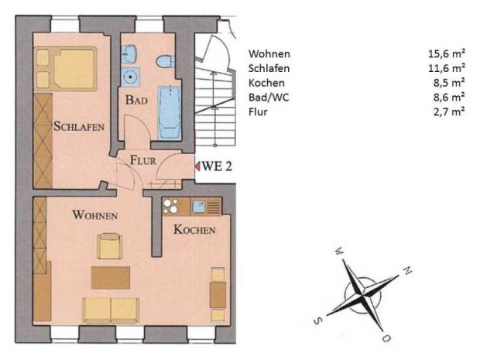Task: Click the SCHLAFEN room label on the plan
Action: pyautogui.click(x=79, y=126)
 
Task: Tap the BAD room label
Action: pyautogui.click(x=136, y=100)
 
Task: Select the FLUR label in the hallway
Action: pyautogui.click(x=143, y=160)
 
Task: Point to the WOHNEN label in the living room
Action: pyautogui.click(x=95, y=215)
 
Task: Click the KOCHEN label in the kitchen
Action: pyautogui.click(x=194, y=229)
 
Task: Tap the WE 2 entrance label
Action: pyautogui.click(x=217, y=166)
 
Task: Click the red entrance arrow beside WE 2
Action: pyautogui.click(x=197, y=166)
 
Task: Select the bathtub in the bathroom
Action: pyautogui.click(x=170, y=113)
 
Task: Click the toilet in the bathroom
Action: pyautogui.click(x=166, y=61)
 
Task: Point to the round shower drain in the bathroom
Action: pyautogui.click(x=131, y=77)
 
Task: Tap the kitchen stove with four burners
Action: pyautogui.click(x=170, y=206)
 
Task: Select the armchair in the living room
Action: pyautogui.click(x=110, y=246)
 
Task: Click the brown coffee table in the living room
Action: pyautogui.click(x=111, y=278)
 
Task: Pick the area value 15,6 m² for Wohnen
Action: pyautogui.click(x=447, y=53)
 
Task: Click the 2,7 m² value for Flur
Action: pyautogui.click(x=449, y=111)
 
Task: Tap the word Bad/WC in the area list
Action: pyautogui.click(x=269, y=98)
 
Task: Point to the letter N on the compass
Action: pyautogui.click(x=407, y=270)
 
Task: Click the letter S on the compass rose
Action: pyautogui.click(x=318, y=321)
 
